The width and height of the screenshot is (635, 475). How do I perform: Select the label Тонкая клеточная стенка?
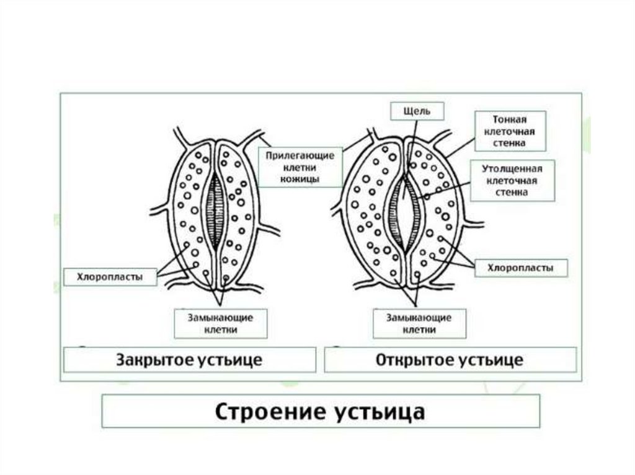(510, 130)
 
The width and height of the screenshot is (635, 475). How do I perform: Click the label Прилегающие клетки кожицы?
(301, 167)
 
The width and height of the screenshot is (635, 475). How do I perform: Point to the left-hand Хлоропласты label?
(110, 276)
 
